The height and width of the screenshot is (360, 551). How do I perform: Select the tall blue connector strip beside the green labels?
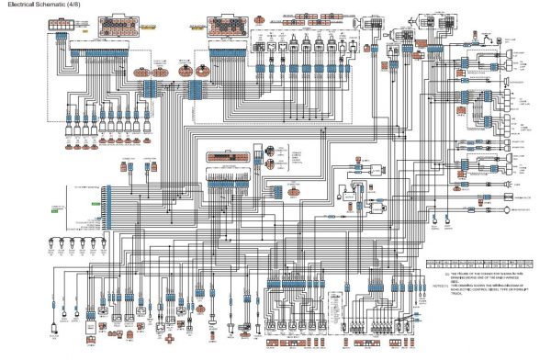click(x=107, y=207)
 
